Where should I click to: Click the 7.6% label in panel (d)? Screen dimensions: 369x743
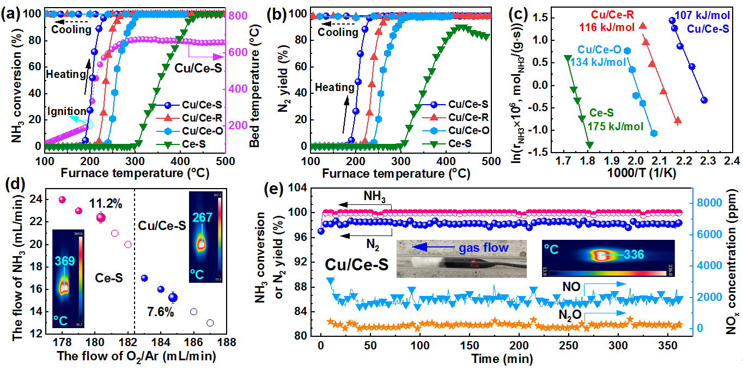(x=161, y=312)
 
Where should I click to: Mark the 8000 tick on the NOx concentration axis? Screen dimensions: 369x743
(x=709, y=203)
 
